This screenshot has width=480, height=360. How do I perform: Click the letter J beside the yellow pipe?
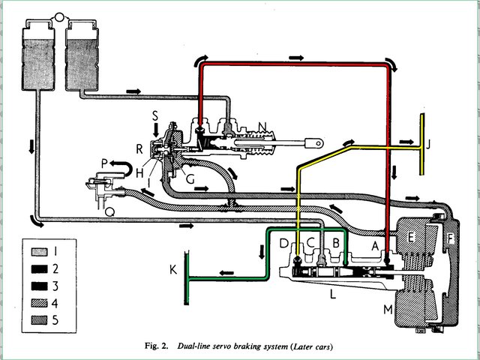pyautogui.click(x=428, y=144)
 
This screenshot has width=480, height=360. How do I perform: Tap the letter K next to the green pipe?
pyautogui.click(x=173, y=270)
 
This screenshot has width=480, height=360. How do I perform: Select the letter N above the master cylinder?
pyautogui.click(x=262, y=127)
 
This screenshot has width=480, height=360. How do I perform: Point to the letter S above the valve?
pyautogui.click(x=155, y=116)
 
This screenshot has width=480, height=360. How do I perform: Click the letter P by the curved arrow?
pyautogui.click(x=104, y=163)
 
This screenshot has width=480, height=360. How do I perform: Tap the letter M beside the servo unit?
pyautogui.click(x=388, y=310)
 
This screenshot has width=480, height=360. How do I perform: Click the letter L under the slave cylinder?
pyautogui.click(x=333, y=294)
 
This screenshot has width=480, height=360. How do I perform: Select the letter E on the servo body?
pyautogui.click(x=411, y=237)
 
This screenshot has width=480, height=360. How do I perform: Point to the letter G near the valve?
pyautogui.click(x=190, y=179)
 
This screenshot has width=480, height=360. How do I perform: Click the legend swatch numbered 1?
pyautogui.click(x=39, y=252)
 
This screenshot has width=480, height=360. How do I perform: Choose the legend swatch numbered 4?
pyautogui.click(x=39, y=303)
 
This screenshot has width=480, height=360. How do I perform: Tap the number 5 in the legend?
pyautogui.click(x=55, y=320)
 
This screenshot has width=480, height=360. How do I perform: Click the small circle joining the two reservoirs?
pyautogui.click(x=59, y=16)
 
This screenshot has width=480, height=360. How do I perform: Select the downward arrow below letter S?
pyautogui.click(x=156, y=130)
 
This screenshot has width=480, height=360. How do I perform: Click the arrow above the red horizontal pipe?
pyautogui.click(x=296, y=58)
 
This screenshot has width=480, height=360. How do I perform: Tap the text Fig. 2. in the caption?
pyautogui.click(x=156, y=346)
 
